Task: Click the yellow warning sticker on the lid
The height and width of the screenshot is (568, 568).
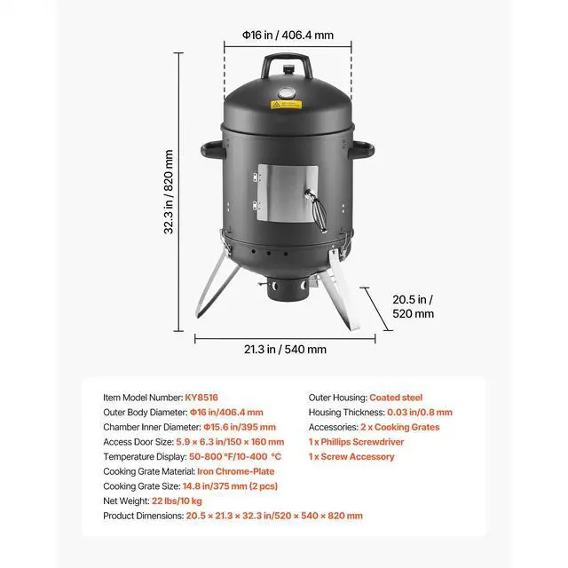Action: click(288, 106)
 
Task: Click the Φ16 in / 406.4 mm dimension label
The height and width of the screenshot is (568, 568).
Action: click(288, 35)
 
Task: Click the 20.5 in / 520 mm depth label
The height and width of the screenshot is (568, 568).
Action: click(413, 305)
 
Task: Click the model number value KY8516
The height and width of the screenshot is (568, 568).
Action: click(203, 398)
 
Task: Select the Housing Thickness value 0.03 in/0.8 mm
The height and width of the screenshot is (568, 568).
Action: click(420, 413)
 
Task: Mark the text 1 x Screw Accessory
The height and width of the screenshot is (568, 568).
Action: click(351, 457)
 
